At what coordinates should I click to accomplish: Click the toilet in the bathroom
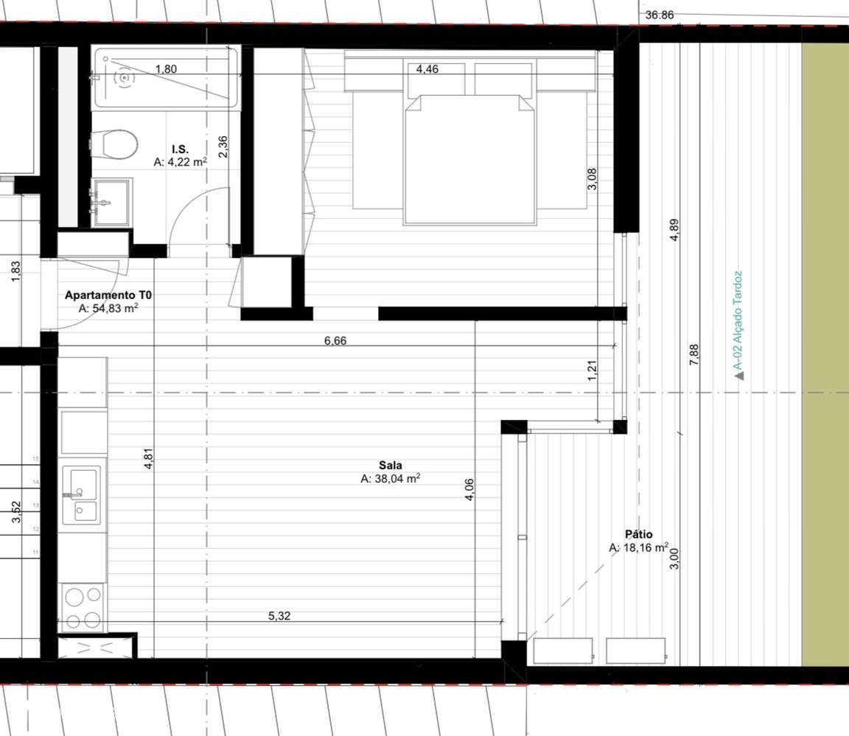click(115, 144)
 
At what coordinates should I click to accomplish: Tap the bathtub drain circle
click(124, 77)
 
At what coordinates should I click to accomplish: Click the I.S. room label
click(181, 150)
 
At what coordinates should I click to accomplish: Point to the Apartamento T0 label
click(108, 295)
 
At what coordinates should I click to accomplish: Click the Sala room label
click(390, 466)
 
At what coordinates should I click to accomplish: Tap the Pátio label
click(638, 535)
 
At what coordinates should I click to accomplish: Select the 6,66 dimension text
click(335, 340)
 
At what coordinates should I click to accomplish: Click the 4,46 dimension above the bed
click(427, 70)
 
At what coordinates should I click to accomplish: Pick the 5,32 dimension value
click(279, 616)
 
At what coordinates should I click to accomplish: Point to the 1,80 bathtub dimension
click(166, 69)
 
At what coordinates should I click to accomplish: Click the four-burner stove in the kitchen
click(83, 607)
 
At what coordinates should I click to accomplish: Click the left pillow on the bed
click(436, 80)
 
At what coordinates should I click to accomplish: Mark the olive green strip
click(824, 354)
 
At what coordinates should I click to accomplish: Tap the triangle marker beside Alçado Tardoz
click(739, 376)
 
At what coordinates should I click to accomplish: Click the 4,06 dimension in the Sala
click(470, 490)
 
